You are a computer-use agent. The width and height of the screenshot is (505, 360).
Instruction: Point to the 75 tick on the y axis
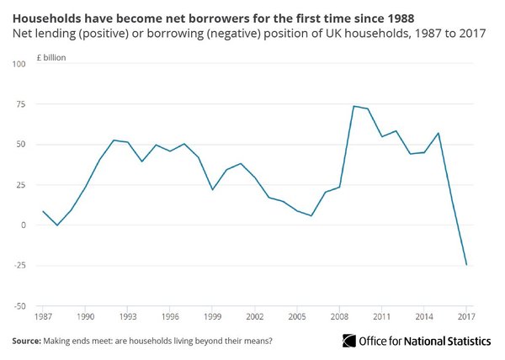[x=18, y=104]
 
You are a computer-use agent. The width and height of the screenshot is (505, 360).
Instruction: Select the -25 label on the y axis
[x=18, y=266]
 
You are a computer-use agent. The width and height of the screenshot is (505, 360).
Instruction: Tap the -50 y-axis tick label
[x=18, y=306]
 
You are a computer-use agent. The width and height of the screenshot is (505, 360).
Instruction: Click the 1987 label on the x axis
[x=42, y=317]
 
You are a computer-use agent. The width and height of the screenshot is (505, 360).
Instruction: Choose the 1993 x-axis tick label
[x=127, y=317]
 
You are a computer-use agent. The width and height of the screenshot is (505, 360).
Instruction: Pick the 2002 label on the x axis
[x=254, y=317]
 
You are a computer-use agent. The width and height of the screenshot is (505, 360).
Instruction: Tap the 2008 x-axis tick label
[x=339, y=317]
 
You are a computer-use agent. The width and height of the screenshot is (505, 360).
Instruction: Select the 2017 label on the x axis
[x=465, y=317]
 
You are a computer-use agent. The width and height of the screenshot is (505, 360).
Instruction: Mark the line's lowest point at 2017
[x=465, y=265]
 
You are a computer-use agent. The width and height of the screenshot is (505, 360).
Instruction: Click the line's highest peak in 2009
[x=353, y=106]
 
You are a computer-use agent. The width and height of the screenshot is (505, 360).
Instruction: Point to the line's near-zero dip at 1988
[x=56, y=225]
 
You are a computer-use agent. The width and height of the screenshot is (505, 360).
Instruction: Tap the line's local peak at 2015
[x=438, y=133]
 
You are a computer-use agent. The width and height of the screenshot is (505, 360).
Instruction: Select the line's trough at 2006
[x=311, y=216]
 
